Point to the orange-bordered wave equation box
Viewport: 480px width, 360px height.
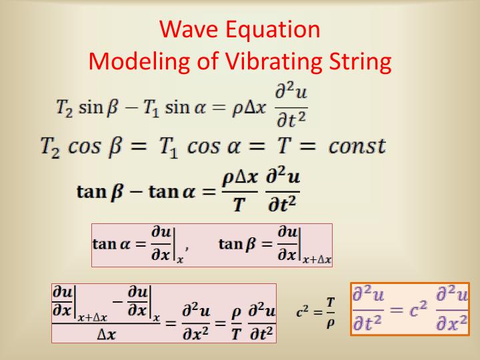click(x=410, y=309)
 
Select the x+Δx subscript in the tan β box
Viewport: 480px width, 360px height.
click(x=317, y=260)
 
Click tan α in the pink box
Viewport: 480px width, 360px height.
click(x=113, y=244)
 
